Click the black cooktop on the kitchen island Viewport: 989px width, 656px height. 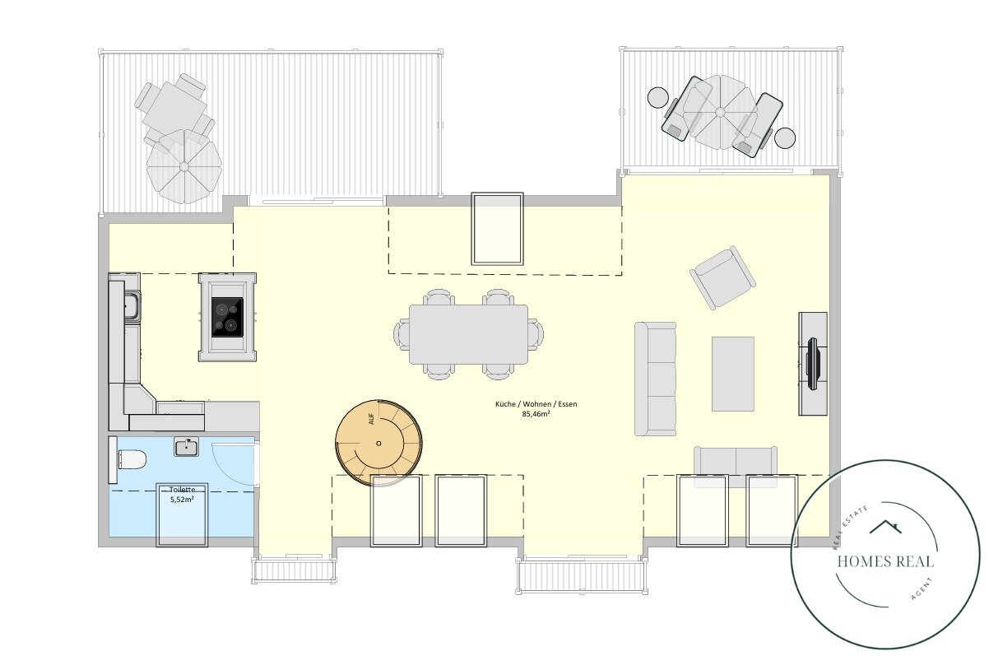point(227,317)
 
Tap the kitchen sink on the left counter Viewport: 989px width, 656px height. point(132,305)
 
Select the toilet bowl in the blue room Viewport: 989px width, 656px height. point(132,459)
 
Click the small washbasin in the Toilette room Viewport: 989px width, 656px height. point(186,447)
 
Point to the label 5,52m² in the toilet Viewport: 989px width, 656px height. point(183,500)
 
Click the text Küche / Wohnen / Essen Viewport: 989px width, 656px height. point(536,404)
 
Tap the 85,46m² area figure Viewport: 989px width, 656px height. point(536,414)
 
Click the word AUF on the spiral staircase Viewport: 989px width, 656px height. point(371,419)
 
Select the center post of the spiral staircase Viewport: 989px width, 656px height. point(378,443)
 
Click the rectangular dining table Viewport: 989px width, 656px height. point(468,334)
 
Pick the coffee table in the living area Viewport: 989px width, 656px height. point(733,374)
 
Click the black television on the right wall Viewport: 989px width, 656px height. point(813,364)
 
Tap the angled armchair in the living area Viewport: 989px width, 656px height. point(722,277)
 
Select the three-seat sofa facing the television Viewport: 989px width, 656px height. point(655,379)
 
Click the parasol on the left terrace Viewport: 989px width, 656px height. point(184,166)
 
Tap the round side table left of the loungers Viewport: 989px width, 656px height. point(658,97)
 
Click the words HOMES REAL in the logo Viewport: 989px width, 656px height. point(885,561)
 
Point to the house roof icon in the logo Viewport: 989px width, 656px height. point(885,527)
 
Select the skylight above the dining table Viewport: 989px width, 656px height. point(497,228)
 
